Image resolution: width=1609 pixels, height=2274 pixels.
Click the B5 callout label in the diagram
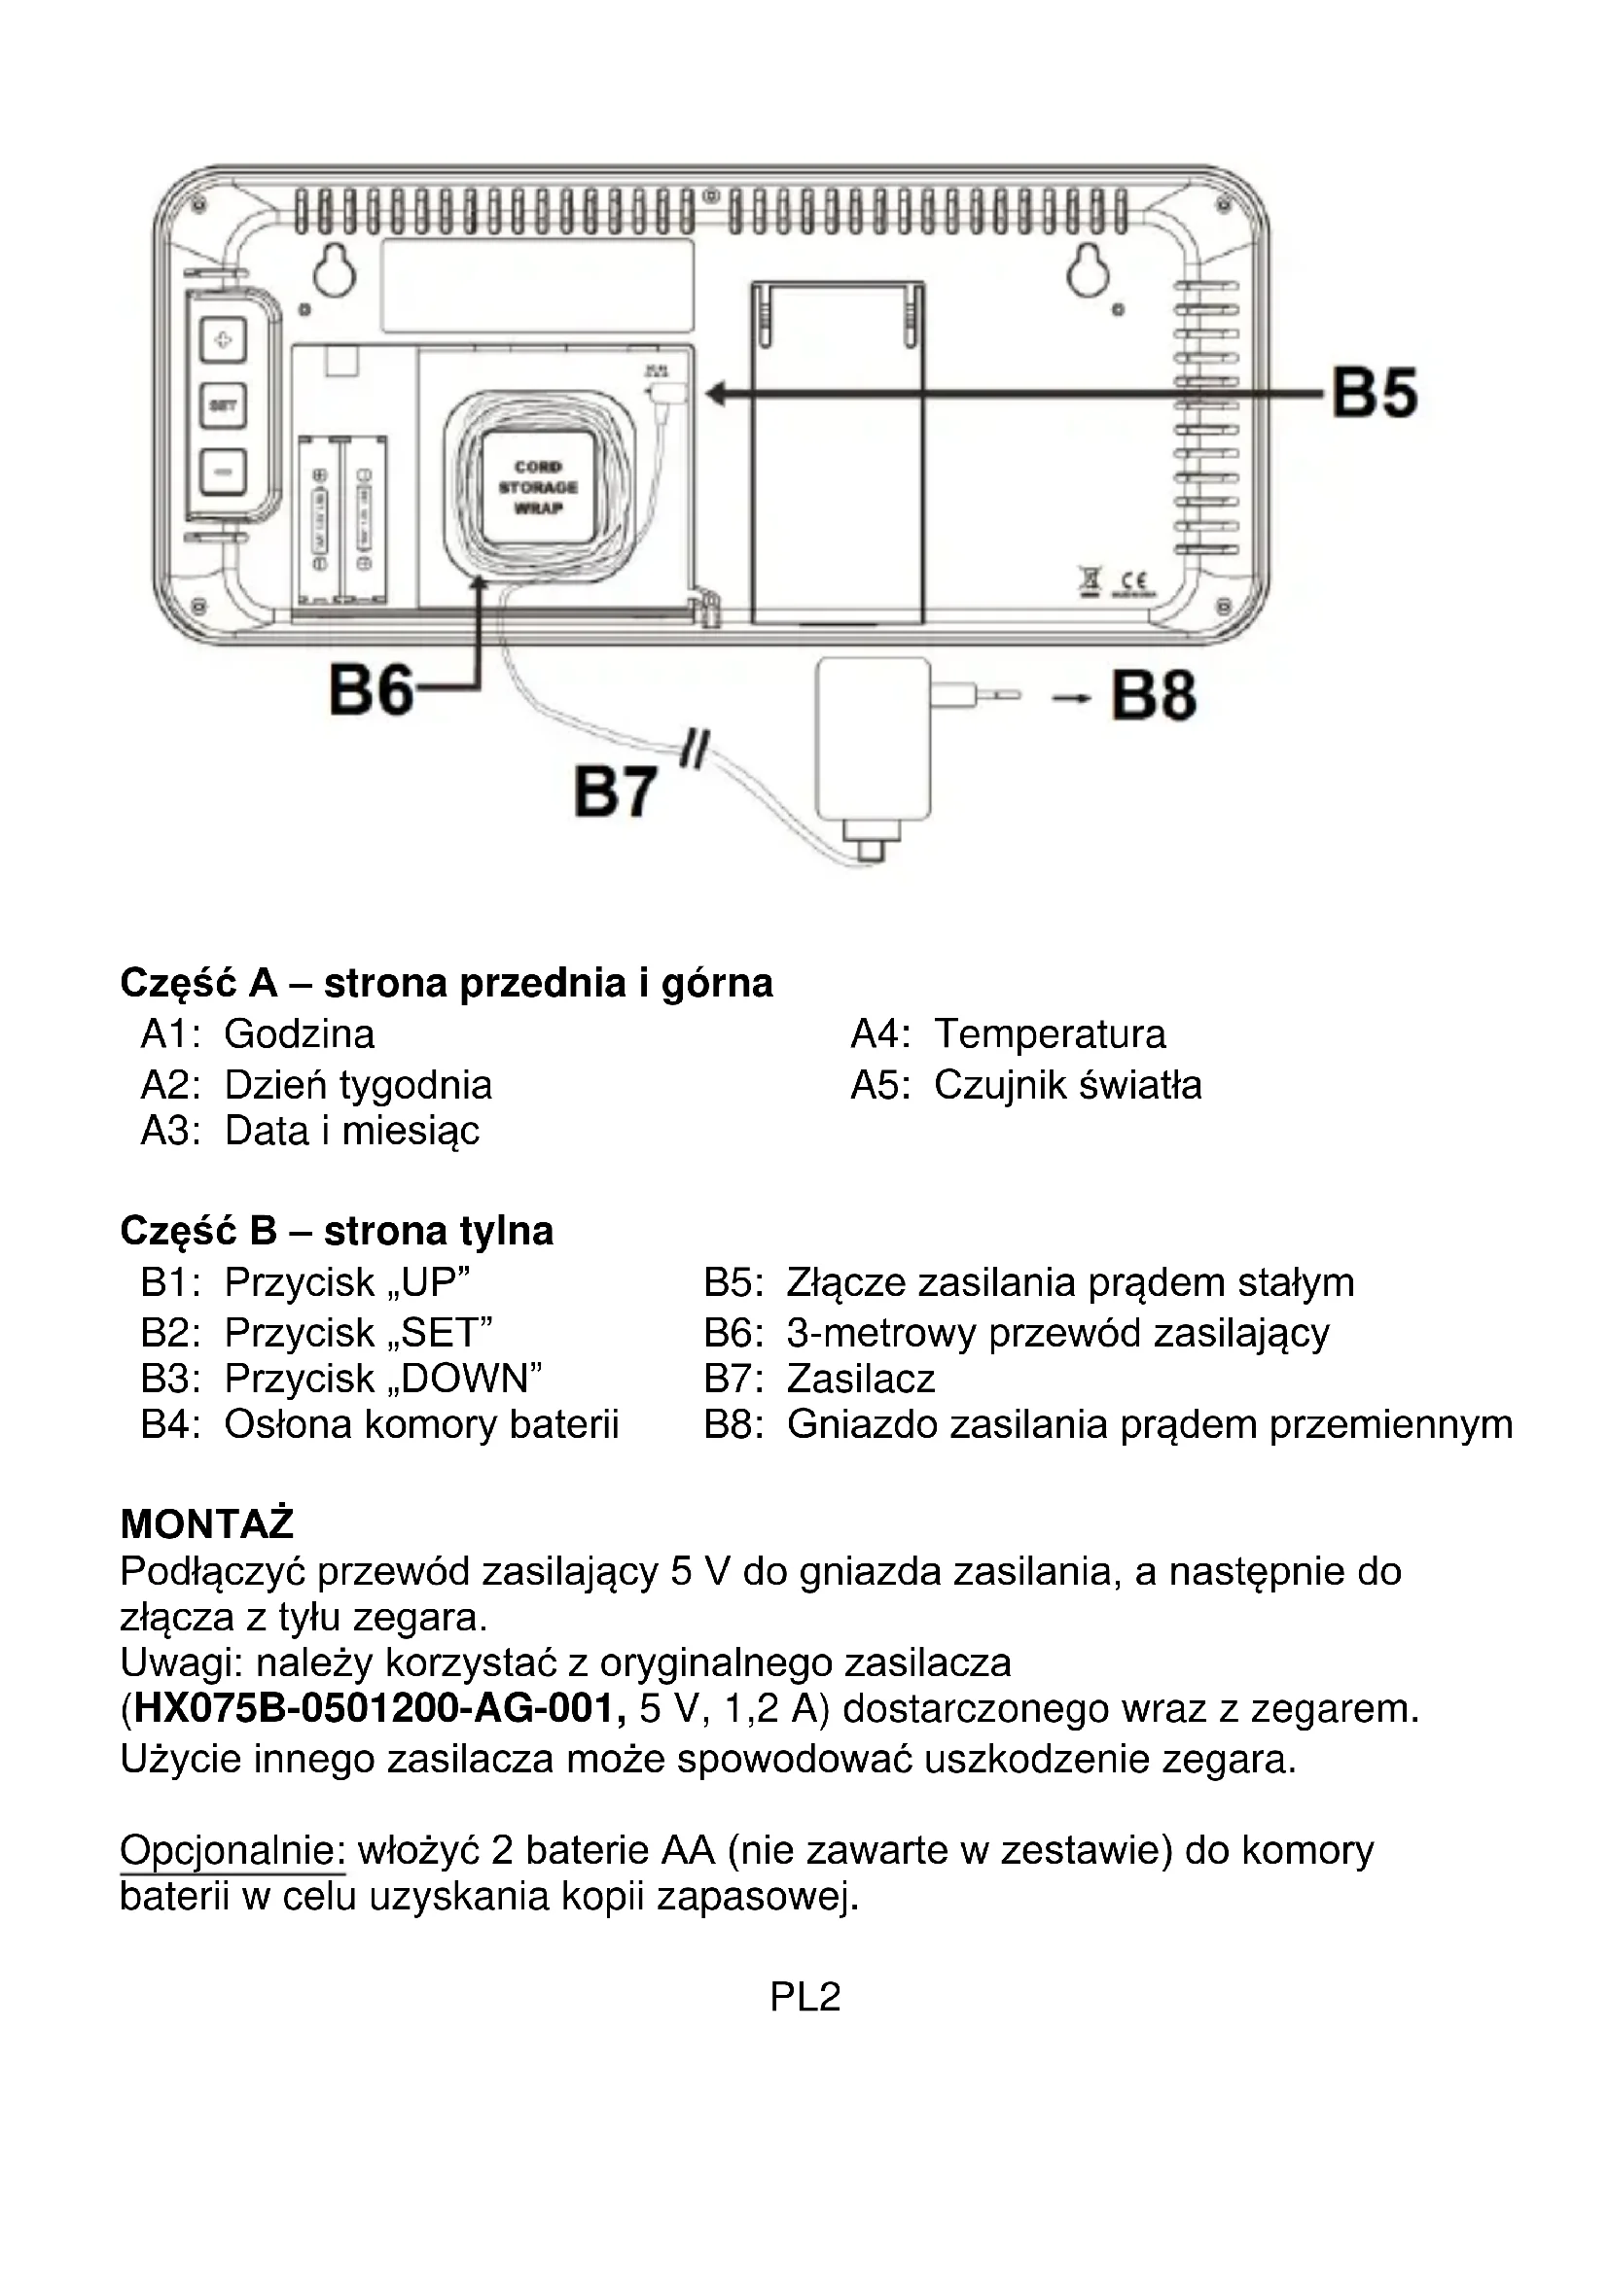point(1375,393)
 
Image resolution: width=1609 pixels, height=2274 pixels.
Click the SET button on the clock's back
point(223,405)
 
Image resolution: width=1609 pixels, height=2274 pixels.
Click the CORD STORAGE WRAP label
point(538,487)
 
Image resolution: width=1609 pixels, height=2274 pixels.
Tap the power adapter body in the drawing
point(873,737)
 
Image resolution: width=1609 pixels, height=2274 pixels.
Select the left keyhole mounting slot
point(335,269)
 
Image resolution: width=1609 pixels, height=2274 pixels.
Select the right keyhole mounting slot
point(1087,269)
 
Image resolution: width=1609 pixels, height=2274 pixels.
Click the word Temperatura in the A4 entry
point(1051,1034)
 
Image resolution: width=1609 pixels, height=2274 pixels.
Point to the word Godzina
point(300,1034)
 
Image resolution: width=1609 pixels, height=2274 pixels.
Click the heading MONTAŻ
point(207,1523)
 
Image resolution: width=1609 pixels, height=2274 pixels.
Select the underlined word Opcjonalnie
point(232,1850)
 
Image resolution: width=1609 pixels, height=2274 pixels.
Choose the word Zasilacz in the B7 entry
point(861,1379)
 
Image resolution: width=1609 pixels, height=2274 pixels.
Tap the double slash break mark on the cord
point(696,750)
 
